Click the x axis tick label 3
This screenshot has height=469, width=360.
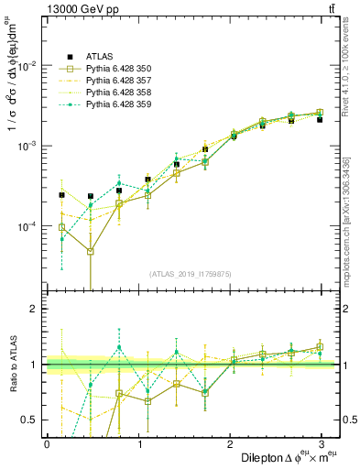[327, 444]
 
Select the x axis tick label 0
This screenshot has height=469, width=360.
[47, 444]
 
